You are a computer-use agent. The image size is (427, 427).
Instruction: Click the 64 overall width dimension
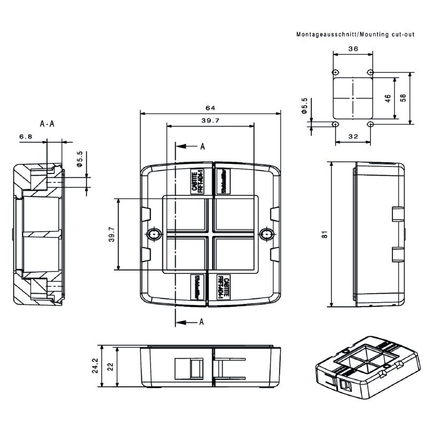[210, 108]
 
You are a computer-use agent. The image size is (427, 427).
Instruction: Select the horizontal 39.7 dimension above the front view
[210, 121]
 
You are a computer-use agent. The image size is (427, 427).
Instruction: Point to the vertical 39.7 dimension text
[112, 234]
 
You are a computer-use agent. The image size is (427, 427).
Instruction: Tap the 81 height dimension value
[325, 234]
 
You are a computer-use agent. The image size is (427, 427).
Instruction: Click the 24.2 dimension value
[95, 366]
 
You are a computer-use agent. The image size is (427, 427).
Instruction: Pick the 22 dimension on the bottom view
[110, 366]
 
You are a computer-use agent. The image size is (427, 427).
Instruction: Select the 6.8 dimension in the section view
[26, 137]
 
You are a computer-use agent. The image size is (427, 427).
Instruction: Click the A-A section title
[47, 124]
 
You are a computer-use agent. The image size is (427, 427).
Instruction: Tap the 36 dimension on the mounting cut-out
[352, 49]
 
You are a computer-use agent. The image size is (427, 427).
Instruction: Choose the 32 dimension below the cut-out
[352, 137]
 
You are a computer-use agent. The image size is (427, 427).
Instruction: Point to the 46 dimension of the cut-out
[388, 98]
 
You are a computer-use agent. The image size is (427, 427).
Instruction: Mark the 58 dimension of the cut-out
[403, 98]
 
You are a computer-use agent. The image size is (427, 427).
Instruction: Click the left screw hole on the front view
[155, 234]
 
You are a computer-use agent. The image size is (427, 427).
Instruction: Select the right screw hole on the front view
[265, 234]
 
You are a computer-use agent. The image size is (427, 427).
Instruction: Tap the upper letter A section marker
[202, 146]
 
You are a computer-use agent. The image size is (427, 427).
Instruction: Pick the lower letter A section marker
[202, 321]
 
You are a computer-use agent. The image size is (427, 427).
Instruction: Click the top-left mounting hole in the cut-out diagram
[335, 72]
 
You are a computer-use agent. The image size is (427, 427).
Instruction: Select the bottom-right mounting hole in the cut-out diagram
[370, 124]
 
